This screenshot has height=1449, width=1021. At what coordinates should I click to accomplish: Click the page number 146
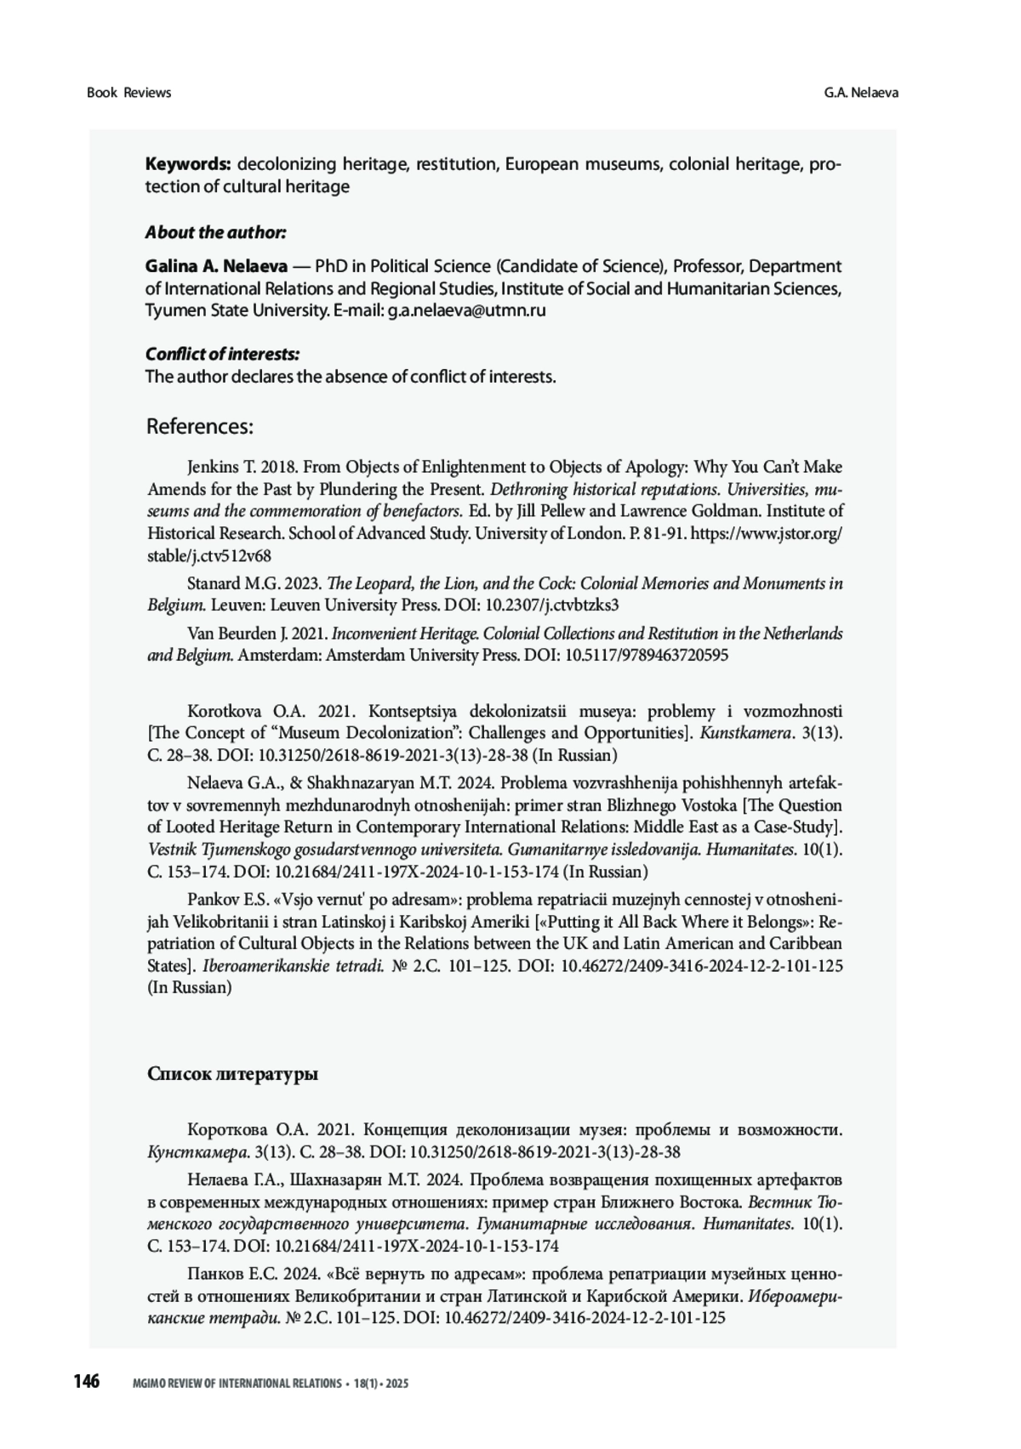tap(86, 1381)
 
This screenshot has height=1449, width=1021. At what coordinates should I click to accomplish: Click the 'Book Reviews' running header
tap(128, 93)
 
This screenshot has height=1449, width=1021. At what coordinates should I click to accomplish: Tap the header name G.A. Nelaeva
tap(860, 93)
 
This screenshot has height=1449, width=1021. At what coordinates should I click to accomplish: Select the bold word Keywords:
tap(188, 164)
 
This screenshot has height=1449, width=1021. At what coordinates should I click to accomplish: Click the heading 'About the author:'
tap(215, 232)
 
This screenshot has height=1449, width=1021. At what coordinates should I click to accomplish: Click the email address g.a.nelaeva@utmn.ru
tap(466, 310)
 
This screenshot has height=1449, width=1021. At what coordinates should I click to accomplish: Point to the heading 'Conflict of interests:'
tap(222, 354)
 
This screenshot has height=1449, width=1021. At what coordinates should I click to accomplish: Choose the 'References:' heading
tap(200, 426)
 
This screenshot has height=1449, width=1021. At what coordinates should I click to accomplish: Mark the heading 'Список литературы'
tap(232, 1074)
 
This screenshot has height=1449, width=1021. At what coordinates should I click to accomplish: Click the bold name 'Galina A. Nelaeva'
tap(216, 266)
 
